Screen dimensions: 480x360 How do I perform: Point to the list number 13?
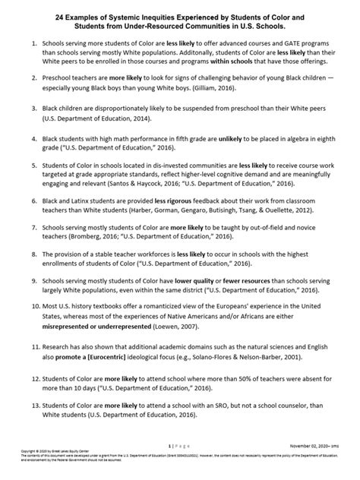27,406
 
